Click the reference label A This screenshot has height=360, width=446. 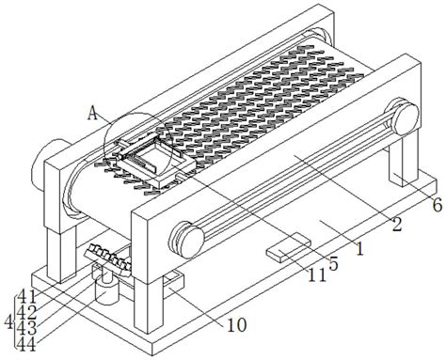click(92, 113)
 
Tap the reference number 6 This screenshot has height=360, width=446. click(438, 206)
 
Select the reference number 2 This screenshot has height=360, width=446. click(397, 225)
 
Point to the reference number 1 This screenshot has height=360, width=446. click(360, 249)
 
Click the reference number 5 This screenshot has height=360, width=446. click(334, 264)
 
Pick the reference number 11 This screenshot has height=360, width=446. click(317, 275)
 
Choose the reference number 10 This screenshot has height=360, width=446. click(237, 325)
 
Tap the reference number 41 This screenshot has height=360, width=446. click(27, 296)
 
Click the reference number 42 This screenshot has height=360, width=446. click(26, 312)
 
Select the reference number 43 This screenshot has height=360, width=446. click(26, 328)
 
